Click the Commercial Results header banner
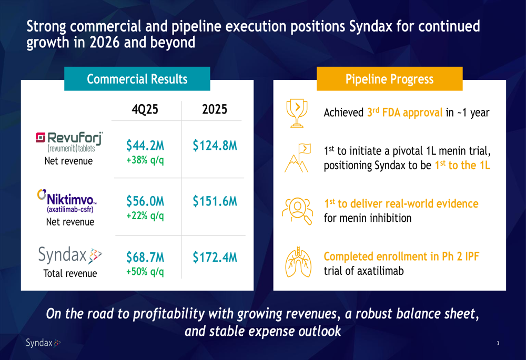(137, 79)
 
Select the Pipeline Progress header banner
(389, 79)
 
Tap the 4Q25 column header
(145, 109)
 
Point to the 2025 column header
(215, 109)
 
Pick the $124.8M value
(215, 145)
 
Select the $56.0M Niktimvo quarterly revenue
(145, 201)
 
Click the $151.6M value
(215, 201)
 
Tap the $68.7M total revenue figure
(145, 258)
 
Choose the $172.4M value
(215, 258)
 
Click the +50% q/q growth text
(145, 272)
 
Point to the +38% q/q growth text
(145, 159)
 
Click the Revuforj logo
(69, 141)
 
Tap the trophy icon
(297, 112)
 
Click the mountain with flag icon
(297, 158)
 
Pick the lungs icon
(297, 262)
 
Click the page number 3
(498, 344)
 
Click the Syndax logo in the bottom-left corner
(43, 343)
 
